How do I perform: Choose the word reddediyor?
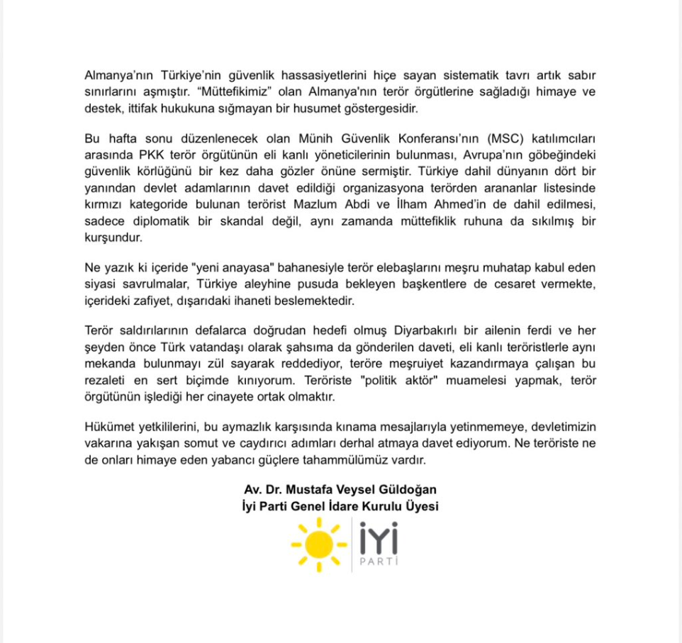(x=322, y=366)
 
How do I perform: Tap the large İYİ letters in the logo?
(x=379, y=538)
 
